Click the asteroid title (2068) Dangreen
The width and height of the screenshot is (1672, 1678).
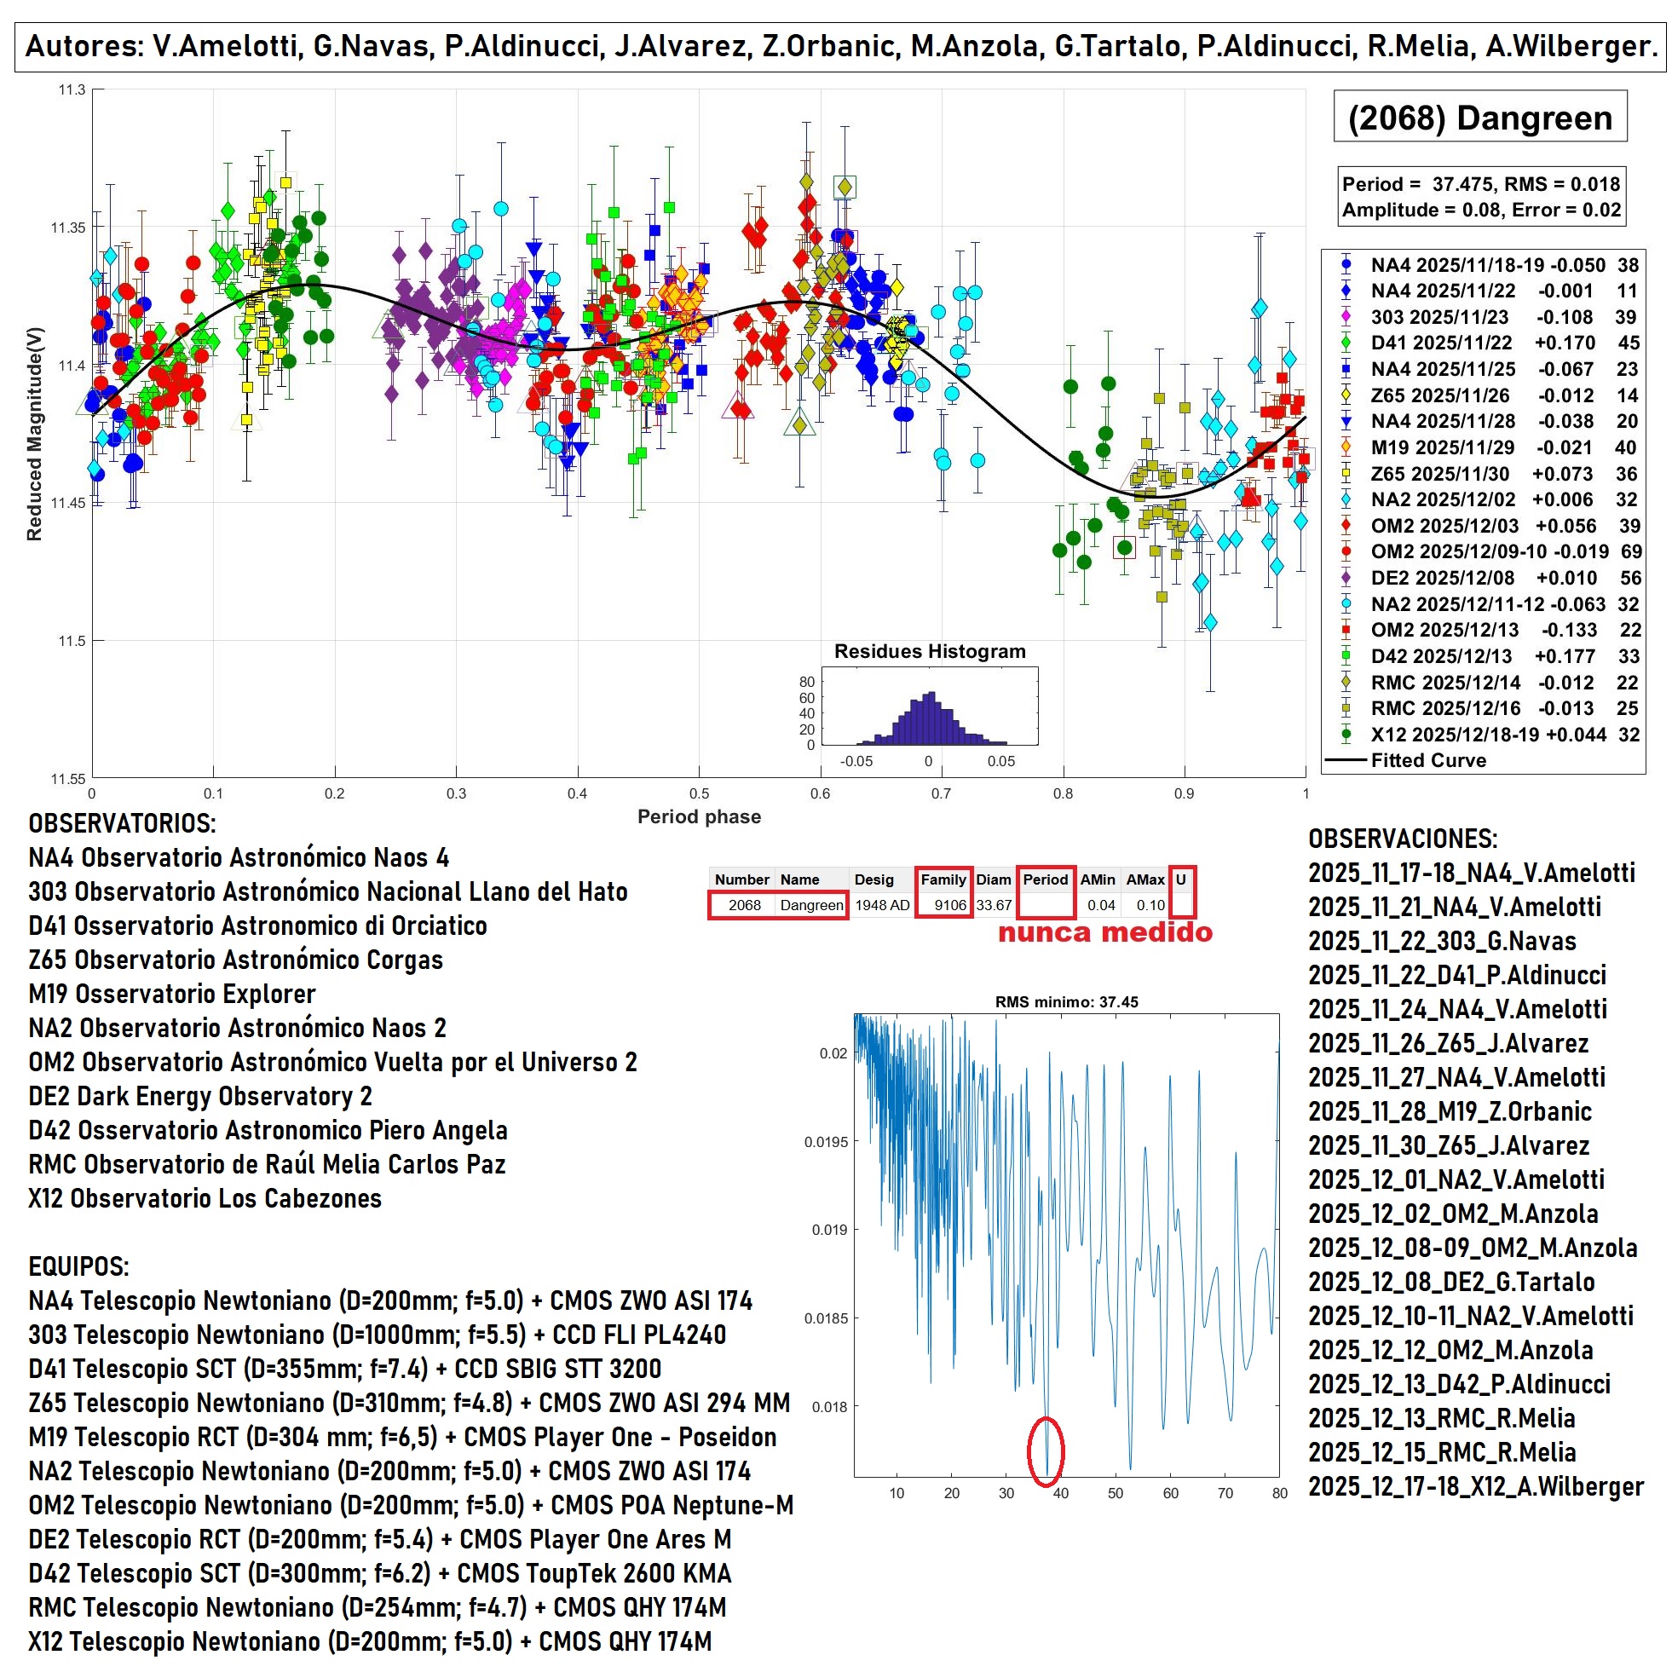coord(1479,118)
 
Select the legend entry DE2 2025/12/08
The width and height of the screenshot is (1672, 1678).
coord(1441,578)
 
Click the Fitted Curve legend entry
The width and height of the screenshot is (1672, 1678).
coord(1428,760)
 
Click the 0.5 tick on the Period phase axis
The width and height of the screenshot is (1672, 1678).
coord(698,793)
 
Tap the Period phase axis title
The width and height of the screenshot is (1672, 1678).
coord(698,816)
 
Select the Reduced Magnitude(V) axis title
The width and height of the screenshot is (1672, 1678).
coord(35,435)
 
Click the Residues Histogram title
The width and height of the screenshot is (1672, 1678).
coord(930,651)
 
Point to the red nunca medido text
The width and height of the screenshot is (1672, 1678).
coord(1104,933)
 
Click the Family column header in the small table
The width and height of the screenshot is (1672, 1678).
coord(943,879)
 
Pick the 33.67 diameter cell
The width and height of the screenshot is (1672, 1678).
coord(994,905)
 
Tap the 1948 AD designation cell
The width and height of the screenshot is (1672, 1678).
coord(882,905)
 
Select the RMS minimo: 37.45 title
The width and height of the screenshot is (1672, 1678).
coord(1066,1001)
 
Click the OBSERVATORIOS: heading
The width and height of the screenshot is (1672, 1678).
coord(123,823)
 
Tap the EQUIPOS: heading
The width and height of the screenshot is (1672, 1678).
coord(78,1266)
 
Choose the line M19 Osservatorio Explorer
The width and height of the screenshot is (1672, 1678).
coord(172,994)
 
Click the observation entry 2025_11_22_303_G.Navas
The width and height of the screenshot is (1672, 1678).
coord(1442,941)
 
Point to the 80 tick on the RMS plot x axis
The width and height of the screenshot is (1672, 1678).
coord(1278,1493)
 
